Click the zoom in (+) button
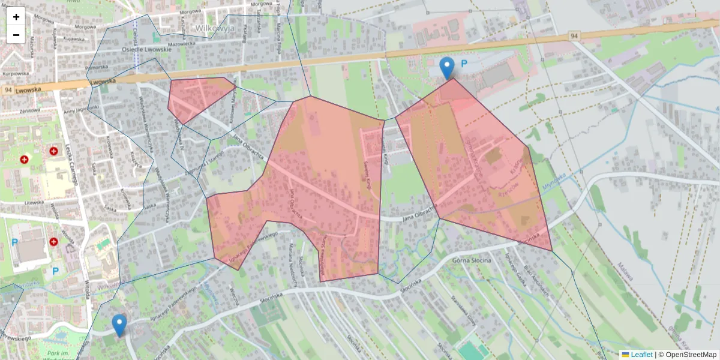pos(16,17)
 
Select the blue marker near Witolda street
pos(119,325)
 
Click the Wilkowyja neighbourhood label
pos(214,28)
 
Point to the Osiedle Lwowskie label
pos(146,49)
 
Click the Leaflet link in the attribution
pos(641,355)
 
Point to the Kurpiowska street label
pos(15,73)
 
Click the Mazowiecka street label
pos(182,44)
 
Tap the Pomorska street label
pos(97,67)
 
